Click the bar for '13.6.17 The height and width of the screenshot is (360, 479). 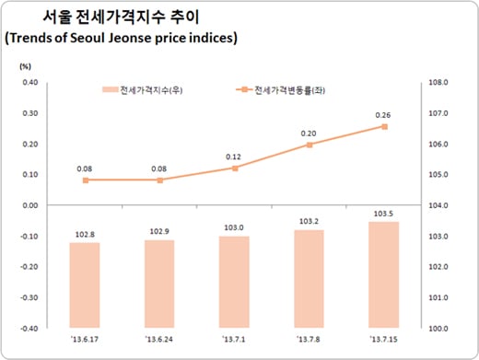tap(85, 285)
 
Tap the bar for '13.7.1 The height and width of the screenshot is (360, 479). tap(234, 282)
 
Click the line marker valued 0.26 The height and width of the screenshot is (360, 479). tap(383, 126)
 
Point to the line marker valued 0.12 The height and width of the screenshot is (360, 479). tap(234, 168)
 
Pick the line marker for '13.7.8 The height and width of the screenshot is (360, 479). tap(309, 145)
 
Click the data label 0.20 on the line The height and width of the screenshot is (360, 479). tap(309, 132)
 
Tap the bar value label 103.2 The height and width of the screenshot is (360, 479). tap(309, 222)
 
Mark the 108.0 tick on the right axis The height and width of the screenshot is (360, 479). tap(439, 83)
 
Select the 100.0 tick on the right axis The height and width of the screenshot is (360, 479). tap(439, 328)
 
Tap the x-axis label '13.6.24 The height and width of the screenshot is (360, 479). tap(159, 341)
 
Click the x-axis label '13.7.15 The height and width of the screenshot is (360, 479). tap(383, 341)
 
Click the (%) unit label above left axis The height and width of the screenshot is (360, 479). tap(25, 66)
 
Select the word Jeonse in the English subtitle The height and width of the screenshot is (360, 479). tap(138, 39)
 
